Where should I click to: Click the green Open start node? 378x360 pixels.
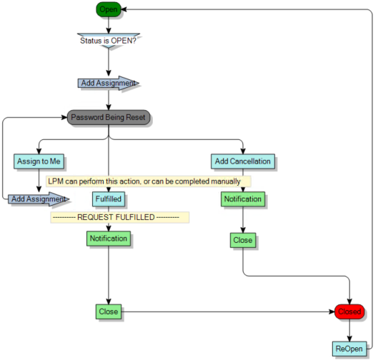[x=108, y=9]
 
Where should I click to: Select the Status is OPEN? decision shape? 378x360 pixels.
[x=108, y=40]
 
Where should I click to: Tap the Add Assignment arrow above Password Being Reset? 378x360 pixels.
[x=108, y=83]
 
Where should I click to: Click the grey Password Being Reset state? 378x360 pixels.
[x=109, y=117]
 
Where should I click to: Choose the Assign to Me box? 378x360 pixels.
[x=36, y=161]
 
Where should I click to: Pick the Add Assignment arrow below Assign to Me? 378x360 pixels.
[x=38, y=199]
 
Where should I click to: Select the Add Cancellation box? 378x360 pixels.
[x=243, y=161]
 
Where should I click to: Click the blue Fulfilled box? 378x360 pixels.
[x=108, y=199]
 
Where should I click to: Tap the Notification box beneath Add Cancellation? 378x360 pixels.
[x=243, y=199]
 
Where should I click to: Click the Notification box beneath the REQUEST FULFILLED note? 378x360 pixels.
[x=108, y=238]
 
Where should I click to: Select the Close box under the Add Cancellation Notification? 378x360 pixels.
[x=243, y=240]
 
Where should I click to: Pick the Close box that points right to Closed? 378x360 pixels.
[x=108, y=311]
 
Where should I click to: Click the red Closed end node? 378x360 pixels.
[x=349, y=311]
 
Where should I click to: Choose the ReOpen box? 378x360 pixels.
[x=349, y=349]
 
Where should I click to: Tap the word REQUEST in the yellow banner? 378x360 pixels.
[x=98, y=216]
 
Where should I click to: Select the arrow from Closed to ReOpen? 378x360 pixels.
[x=349, y=330]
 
